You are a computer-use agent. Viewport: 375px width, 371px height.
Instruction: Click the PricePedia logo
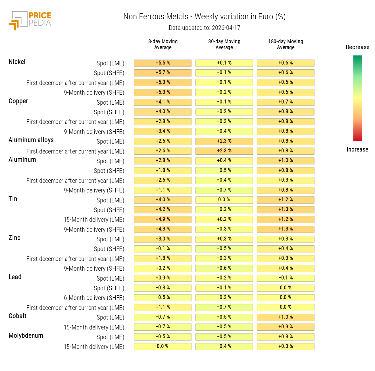pos(30,20)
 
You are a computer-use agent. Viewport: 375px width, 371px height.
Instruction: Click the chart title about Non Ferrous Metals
pos(204,17)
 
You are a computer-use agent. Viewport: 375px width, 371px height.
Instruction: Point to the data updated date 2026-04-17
pos(204,28)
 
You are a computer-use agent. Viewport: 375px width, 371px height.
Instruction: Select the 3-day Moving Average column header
pos(163,44)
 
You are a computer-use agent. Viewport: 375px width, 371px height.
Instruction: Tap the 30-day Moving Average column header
pos(224,44)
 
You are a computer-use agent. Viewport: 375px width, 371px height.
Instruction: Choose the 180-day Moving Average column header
pos(286,44)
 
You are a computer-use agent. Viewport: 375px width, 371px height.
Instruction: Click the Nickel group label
pos(17,62)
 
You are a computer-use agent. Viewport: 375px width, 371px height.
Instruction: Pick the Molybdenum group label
pos(26,336)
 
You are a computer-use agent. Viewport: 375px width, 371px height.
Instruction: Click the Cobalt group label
pos(18,316)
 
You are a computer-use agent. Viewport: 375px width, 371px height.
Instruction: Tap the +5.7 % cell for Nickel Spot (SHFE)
pos(163,73)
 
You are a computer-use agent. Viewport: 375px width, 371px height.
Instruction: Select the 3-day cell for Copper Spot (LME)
pos(163,102)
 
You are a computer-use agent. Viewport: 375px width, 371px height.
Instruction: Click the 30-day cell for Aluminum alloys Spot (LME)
pos(224,141)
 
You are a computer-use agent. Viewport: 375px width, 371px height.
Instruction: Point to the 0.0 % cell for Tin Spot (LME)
pos(224,200)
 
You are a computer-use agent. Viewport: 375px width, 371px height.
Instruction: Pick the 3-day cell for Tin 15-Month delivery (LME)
pos(163,219)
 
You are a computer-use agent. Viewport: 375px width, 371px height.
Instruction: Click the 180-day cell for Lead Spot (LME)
pos(286,278)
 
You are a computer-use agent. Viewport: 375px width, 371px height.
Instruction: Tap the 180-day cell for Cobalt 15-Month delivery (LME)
pos(286,327)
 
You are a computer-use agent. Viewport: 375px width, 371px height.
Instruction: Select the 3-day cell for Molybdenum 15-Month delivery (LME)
pos(163,347)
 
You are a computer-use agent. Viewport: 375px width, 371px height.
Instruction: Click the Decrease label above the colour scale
pos(357,47)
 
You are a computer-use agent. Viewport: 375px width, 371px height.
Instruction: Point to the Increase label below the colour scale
pos(357,150)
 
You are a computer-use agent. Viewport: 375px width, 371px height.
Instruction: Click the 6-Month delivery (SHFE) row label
pos(94,298)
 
